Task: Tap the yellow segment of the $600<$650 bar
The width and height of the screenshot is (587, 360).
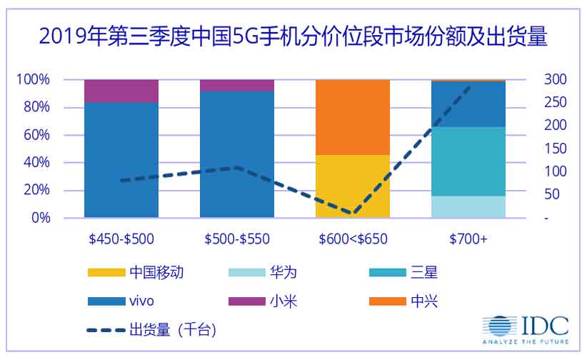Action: point(353,186)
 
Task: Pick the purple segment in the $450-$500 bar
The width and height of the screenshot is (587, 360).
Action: point(121,91)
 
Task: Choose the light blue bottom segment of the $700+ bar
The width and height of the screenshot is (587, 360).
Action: point(468,206)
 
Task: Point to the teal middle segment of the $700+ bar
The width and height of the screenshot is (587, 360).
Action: point(468,161)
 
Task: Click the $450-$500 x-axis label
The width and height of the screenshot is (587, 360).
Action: point(121,239)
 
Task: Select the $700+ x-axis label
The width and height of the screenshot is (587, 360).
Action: point(468,239)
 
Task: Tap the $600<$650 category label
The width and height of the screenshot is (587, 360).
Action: point(353,239)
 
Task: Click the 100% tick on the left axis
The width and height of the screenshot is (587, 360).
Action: point(34,79)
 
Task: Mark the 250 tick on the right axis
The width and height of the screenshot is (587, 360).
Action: point(553,102)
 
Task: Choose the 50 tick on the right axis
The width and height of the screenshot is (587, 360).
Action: point(551,194)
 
